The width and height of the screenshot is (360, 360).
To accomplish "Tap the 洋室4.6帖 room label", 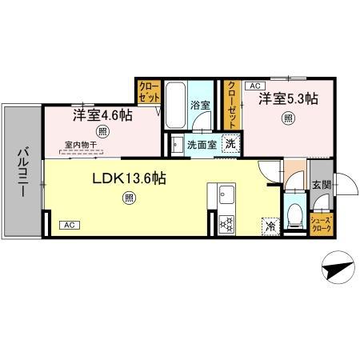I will point(102,115).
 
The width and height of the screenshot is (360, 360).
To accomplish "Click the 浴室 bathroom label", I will point(200,105).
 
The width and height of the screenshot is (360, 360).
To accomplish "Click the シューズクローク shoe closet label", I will point(321,223).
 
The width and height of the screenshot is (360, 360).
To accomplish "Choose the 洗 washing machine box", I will point(230,145).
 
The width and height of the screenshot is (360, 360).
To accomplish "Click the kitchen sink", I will point(222,195).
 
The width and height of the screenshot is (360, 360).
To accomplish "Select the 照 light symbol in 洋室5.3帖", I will point(286,118).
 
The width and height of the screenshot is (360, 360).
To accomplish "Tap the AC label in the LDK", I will point(70,225).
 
